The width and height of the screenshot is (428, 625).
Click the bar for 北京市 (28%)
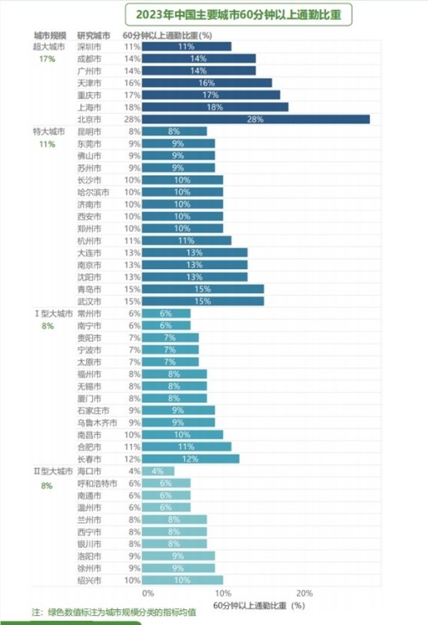tap(255, 120)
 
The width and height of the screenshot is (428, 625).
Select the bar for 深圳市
tap(186, 47)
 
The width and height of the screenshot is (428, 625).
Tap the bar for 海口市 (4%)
tap(158, 471)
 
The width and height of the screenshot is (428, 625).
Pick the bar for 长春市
tap(190, 459)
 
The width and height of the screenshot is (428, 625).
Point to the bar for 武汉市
tap(202, 301)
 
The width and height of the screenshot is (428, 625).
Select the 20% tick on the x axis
tap(304, 593)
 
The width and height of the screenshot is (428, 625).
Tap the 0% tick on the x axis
tap(148, 593)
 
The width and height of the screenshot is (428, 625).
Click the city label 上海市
tap(89, 107)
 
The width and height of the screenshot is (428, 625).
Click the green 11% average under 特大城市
tap(46, 144)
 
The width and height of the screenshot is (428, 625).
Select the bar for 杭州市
tap(186, 241)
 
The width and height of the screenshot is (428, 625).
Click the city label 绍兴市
tap(89, 579)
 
